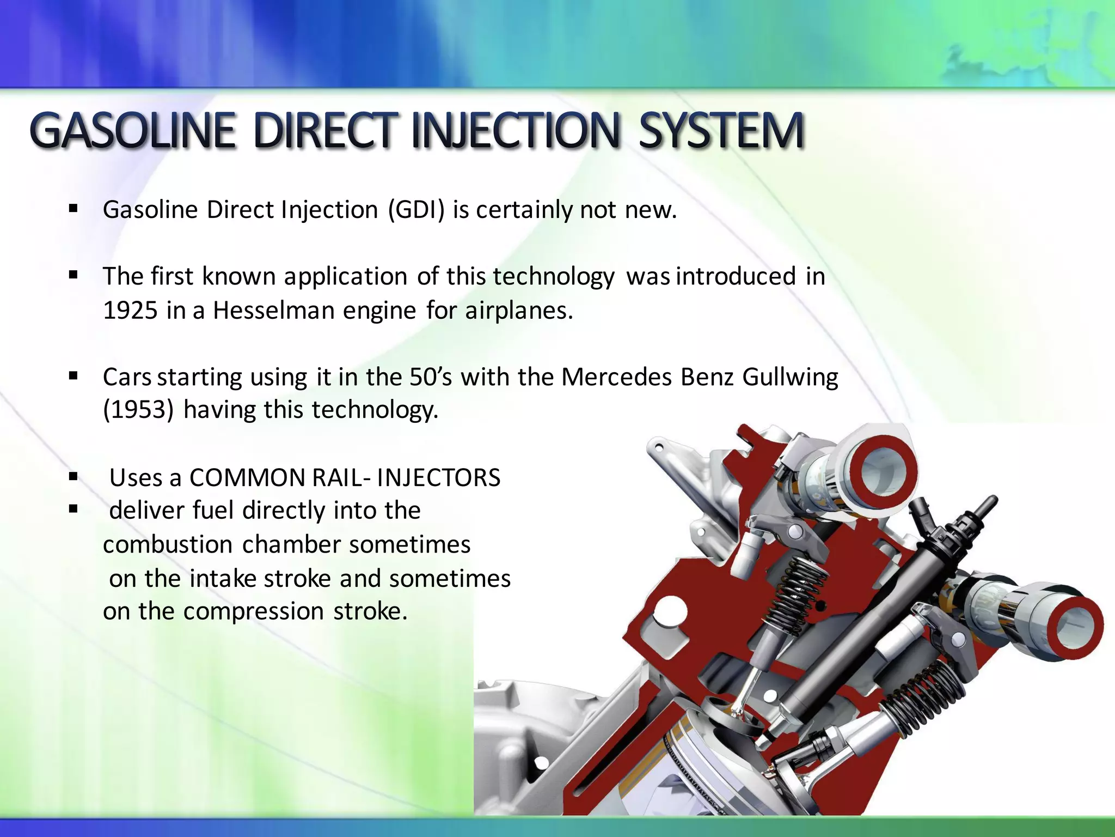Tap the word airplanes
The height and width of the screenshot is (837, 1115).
[519, 311]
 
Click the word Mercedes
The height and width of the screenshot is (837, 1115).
[616, 377]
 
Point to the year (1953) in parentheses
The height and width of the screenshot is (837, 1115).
[138, 410]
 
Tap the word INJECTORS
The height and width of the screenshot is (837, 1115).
[438, 478]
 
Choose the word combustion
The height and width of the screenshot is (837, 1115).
[168, 544]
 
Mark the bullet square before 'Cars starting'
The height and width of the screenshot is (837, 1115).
[73, 375]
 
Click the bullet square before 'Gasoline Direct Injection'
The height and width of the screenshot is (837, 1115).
[73, 208]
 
